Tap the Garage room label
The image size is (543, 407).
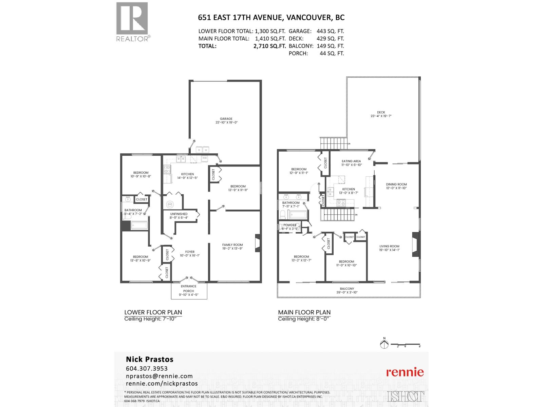point(226,119)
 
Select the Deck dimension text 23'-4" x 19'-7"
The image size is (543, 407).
point(381,116)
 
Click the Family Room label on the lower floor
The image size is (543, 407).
point(232,245)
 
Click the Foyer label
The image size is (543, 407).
point(190,252)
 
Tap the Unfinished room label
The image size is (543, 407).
point(179,214)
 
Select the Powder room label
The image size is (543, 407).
point(290,225)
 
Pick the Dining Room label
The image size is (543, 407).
point(396,185)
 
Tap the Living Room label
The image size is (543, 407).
point(389,246)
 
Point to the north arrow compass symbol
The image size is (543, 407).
point(384,344)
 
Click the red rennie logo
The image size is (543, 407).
point(405,372)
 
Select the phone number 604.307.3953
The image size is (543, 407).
point(147,368)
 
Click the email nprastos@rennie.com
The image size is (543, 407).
point(159,376)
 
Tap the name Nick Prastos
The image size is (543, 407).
point(150,359)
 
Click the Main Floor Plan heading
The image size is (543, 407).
point(304,312)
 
